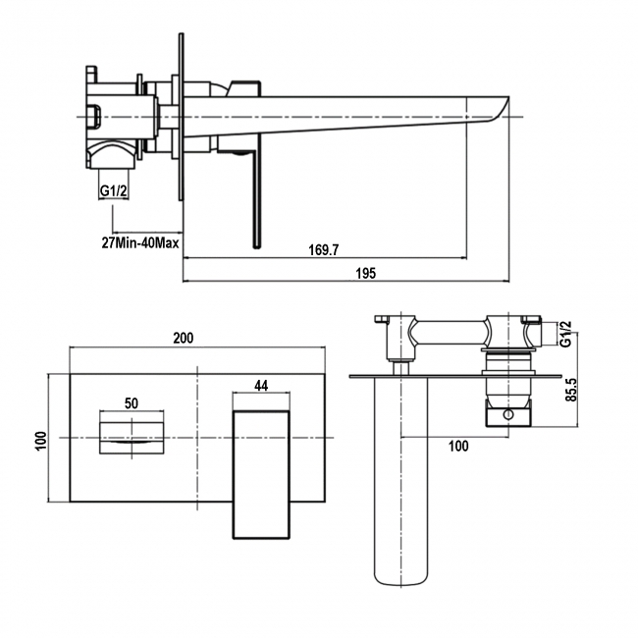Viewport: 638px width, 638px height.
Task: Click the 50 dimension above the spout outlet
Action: coord(132,402)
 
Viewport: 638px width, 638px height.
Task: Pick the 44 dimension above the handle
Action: coord(261,387)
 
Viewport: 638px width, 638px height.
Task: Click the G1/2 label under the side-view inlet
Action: coord(113,192)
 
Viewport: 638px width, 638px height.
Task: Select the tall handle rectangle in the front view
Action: coord(261,474)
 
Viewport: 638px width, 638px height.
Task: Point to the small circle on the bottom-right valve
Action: coord(507,415)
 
